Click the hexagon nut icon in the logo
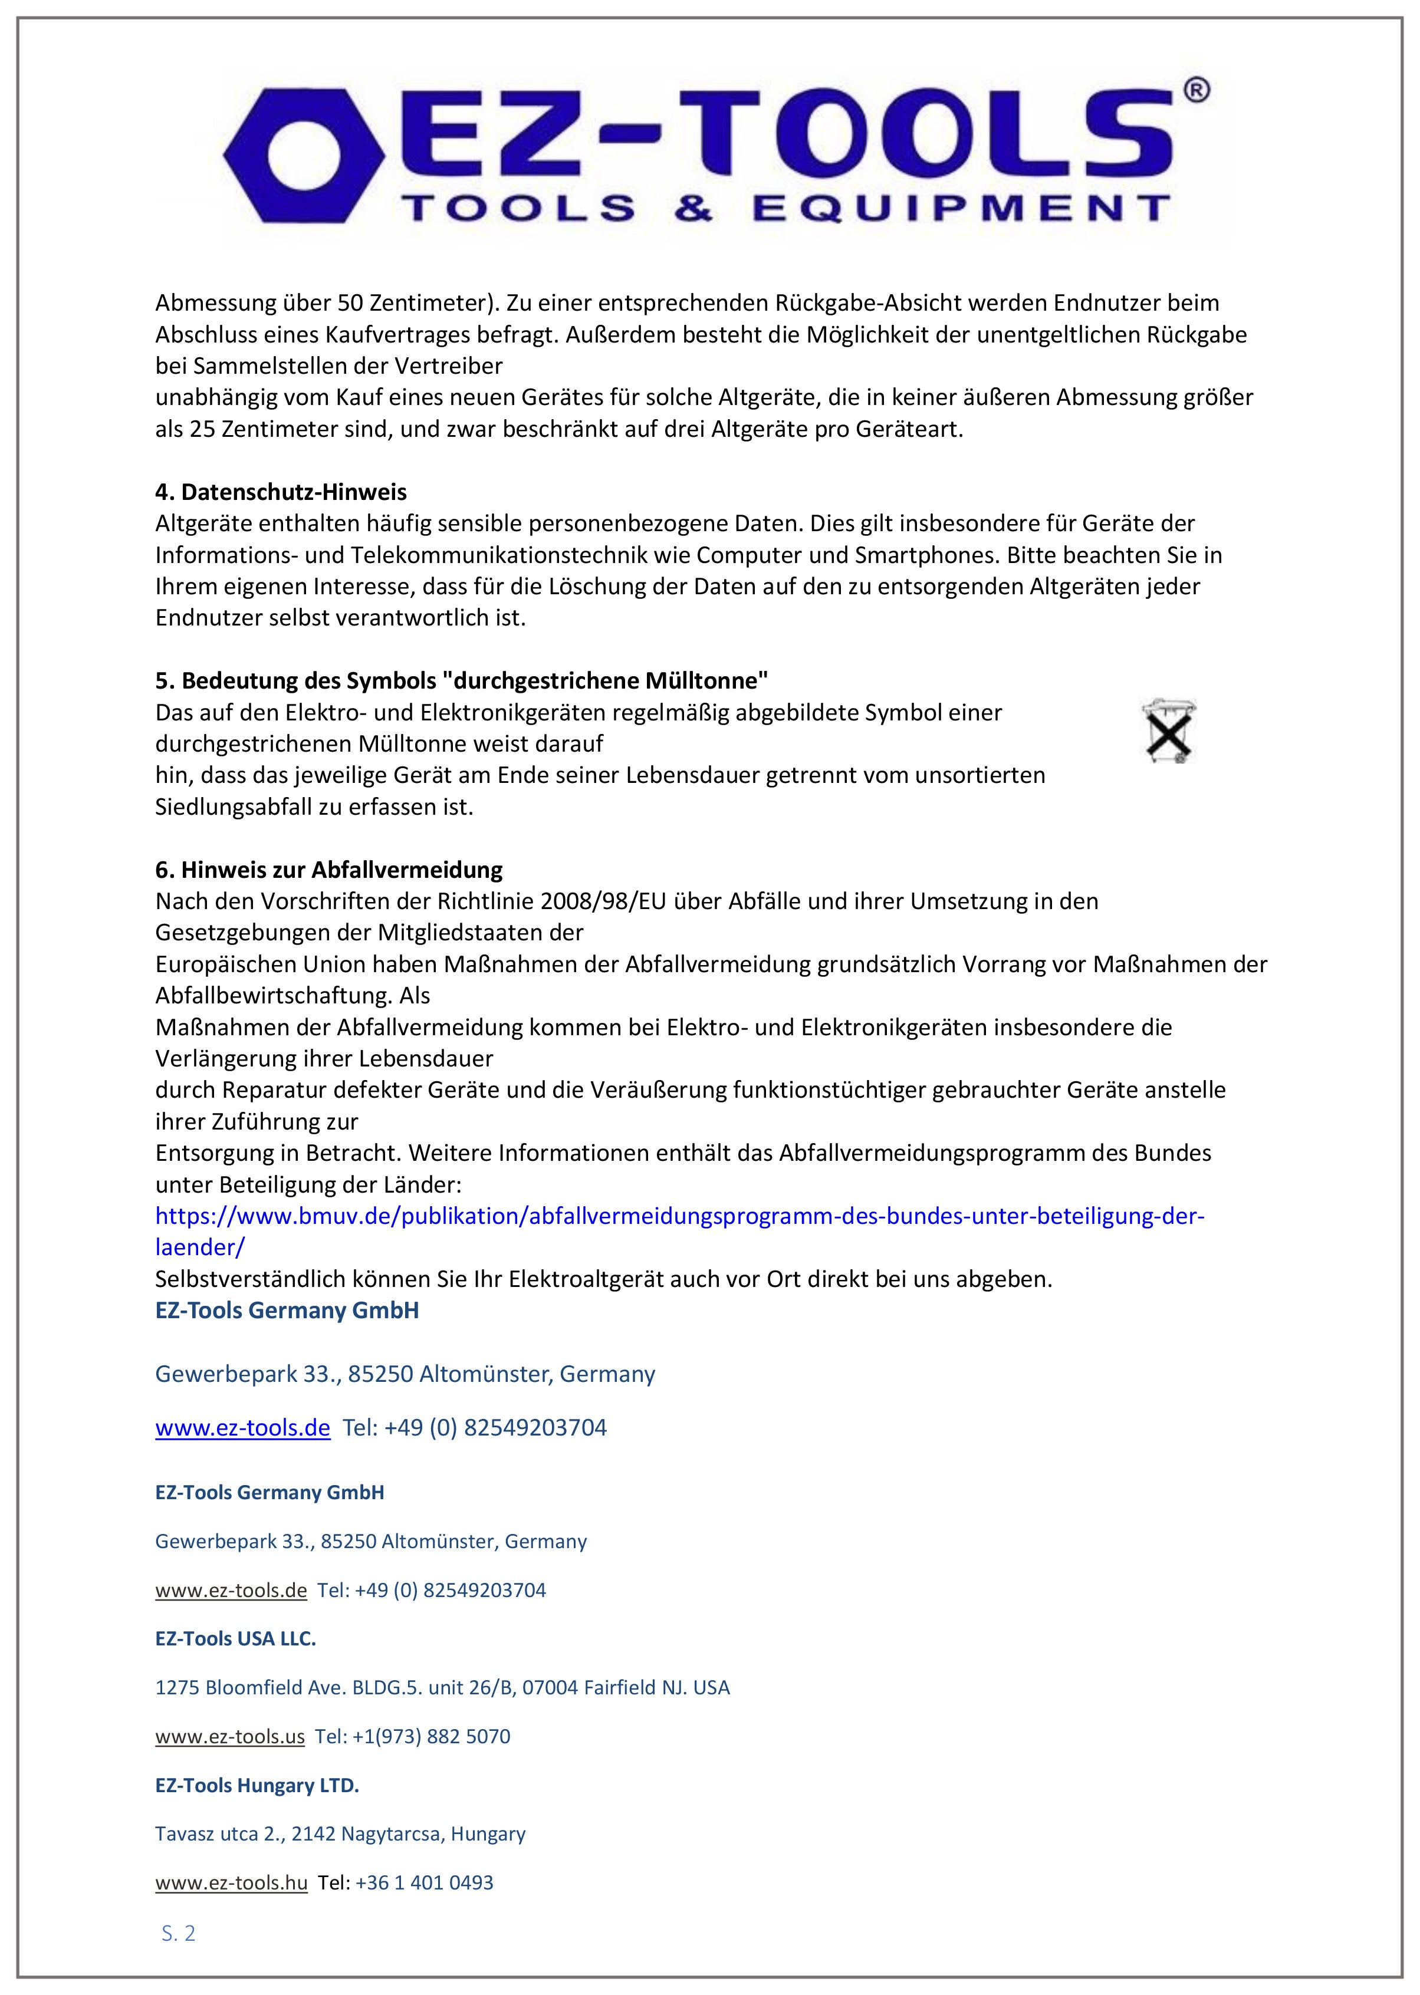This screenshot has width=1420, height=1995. pos(303,159)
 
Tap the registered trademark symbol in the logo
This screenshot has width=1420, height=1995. pos(1195,90)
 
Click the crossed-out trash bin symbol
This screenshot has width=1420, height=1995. pos(1168,731)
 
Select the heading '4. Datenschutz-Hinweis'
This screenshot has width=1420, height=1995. pos(281,492)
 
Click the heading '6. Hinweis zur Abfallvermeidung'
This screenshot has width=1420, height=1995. pos(329,870)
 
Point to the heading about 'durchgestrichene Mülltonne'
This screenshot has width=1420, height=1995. pos(462,680)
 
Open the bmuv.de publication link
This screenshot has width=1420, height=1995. pos(679,1216)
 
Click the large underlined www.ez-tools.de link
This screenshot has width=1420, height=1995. pos(242,1428)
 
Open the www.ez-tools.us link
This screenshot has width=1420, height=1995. pos(230,1736)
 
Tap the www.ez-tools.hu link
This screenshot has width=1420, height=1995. pos(231,1882)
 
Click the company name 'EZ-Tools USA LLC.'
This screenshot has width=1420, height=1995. pos(235,1638)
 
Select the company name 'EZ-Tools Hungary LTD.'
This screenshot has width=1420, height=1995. pos(257,1785)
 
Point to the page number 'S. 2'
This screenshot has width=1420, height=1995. pos(178,1933)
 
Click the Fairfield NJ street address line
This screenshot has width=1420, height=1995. pos(442,1687)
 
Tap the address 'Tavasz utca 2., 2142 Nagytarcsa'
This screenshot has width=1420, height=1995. pos(340,1833)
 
